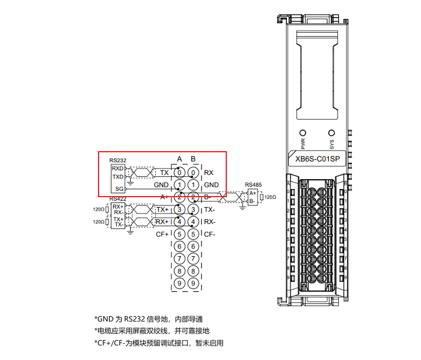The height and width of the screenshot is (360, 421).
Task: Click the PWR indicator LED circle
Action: pyautogui.click(x=303, y=132)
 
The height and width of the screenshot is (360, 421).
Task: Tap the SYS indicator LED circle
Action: pyautogui.click(x=332, y=132)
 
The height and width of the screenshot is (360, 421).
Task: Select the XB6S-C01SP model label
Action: pyautogui.click(x=318, y=158)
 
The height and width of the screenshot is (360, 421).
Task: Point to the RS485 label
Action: pyautogui.click(x=253, y=185)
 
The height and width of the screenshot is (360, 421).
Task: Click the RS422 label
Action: pyautogui.click(x=118, y=199)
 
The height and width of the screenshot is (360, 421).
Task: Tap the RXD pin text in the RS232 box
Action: pyautogui.click(x=118, y=169)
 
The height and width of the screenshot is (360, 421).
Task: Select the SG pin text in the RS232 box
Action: pyautogui.click(x=119, y=189)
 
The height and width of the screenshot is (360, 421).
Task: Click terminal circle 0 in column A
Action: pyautogui.click(x=180, y=173)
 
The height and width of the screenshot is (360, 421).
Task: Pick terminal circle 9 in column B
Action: pyautogui.click(x=193, y=284)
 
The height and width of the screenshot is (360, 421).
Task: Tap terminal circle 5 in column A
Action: pyautogui.click(x=180, y=235)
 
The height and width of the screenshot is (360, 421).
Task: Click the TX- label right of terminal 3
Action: pyautogui.click(x=210, y=209)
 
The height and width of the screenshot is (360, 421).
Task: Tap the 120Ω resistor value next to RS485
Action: pyautogui.click(x=270, y=197)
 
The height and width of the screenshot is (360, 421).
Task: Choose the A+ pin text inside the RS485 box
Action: pyautogui.click(x=252, y=193)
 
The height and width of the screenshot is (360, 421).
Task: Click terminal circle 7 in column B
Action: pyautogui.click(x=193, y=259)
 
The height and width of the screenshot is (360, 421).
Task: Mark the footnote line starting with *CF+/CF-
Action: pyautogui.click(x=159, y=343)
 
